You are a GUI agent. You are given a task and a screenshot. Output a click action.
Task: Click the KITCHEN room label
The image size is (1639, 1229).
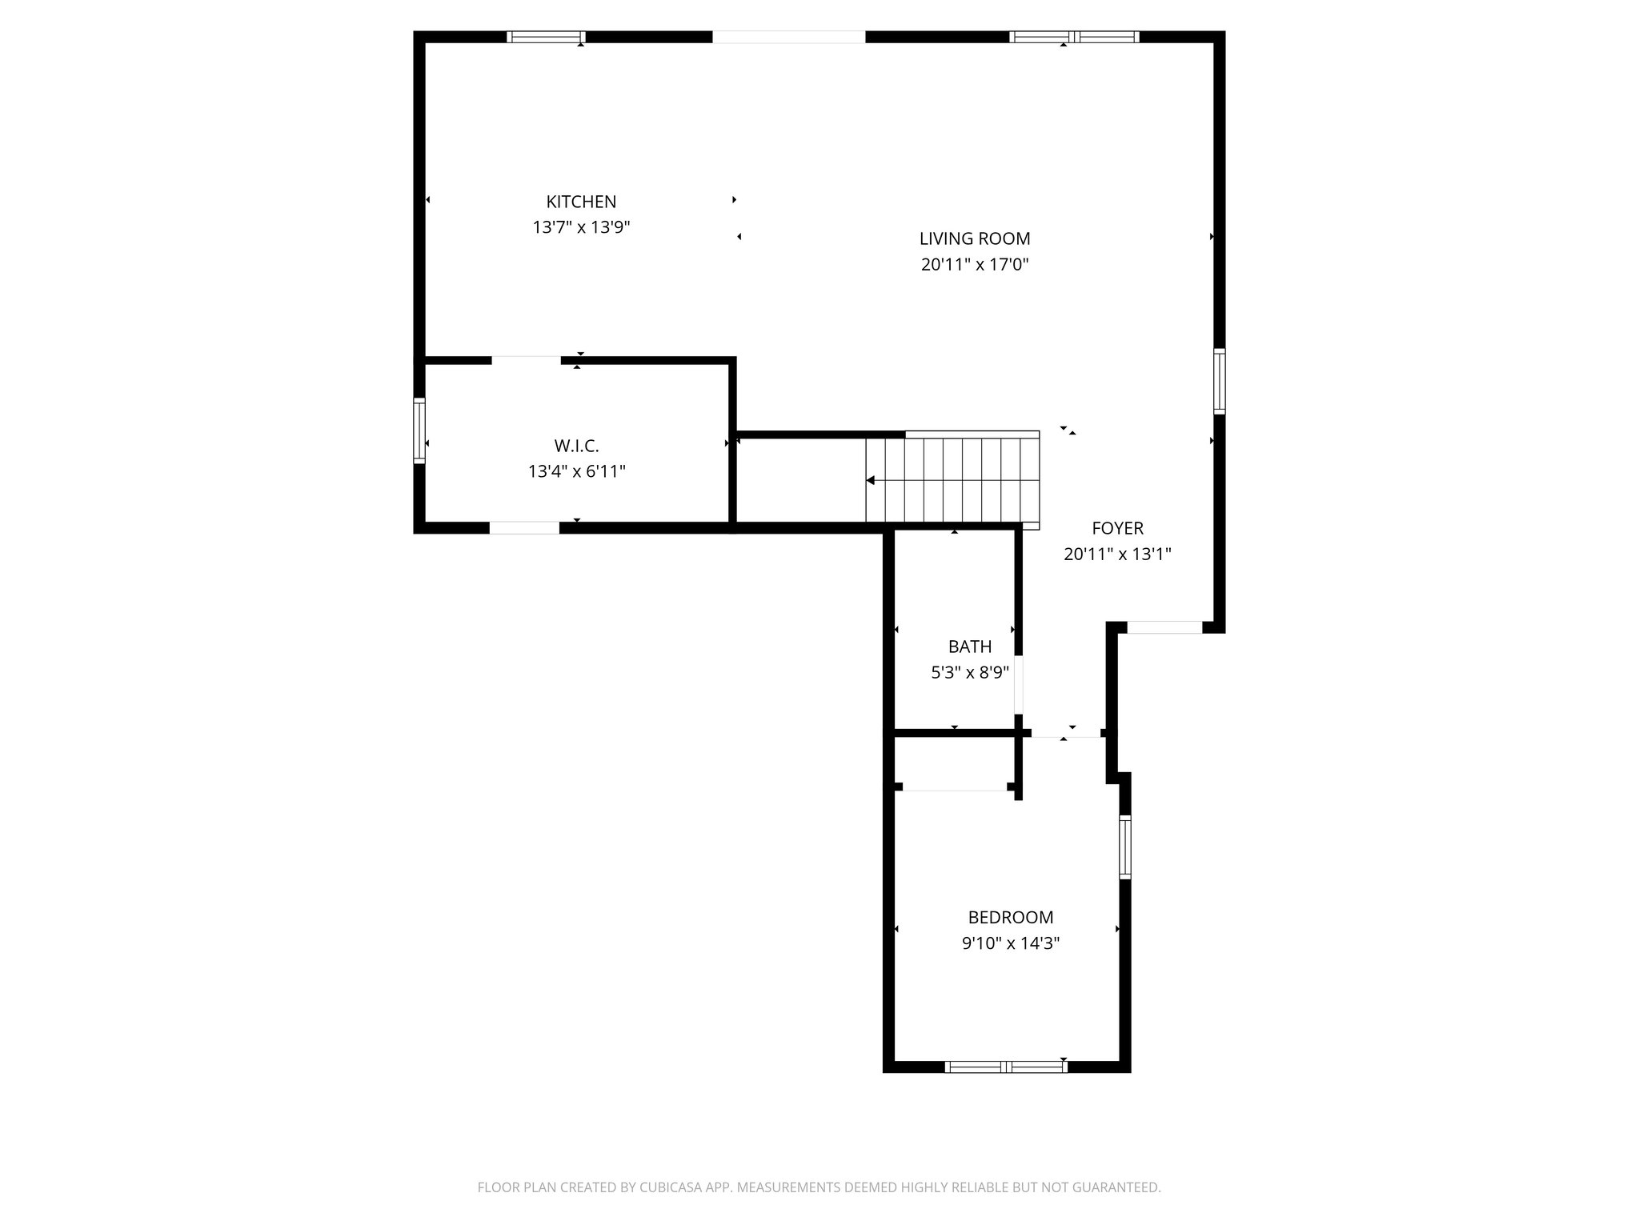(581, 202)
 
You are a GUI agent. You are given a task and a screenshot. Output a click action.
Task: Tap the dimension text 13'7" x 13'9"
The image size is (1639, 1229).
(581, 227)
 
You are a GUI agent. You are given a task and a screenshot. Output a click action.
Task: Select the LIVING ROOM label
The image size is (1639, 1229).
(974, 238)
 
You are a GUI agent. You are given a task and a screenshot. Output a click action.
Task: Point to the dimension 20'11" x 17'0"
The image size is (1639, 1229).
(974, 264)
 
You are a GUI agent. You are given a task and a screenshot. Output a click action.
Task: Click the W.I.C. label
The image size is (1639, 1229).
(576, 446)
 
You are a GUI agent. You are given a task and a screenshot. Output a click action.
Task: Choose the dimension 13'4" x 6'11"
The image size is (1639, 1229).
(576, 471)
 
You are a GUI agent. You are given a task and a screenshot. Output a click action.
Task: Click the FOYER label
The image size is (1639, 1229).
(1117, 528)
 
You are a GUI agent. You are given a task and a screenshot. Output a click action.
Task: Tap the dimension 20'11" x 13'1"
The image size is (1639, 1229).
(1117, 554)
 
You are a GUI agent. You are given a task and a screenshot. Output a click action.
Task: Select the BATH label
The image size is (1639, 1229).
(969, 647)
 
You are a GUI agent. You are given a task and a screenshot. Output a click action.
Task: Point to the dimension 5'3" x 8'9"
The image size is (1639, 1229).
(969, 672)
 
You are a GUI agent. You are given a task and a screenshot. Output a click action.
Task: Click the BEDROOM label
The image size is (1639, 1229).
(1010, 917)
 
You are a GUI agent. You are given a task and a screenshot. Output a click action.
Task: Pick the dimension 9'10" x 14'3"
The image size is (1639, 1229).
(1010, 943)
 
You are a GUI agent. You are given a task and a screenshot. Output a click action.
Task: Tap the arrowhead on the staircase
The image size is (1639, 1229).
(871, 480)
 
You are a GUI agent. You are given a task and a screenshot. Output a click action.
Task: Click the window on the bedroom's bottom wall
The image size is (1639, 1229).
(1006, 1066)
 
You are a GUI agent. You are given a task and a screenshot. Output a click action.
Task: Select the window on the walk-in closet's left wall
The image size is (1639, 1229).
(419, 430)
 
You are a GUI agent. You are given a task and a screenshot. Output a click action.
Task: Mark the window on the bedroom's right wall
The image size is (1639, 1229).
(1124, 847)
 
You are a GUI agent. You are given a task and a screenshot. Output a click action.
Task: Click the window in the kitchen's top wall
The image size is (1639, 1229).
(546, 37)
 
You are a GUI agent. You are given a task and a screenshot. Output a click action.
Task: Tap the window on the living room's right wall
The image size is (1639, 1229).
(1218, 381)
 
